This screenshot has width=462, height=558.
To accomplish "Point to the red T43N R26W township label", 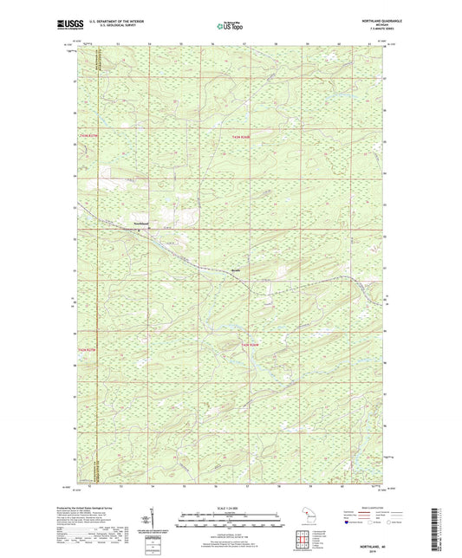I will pos(240,137).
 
